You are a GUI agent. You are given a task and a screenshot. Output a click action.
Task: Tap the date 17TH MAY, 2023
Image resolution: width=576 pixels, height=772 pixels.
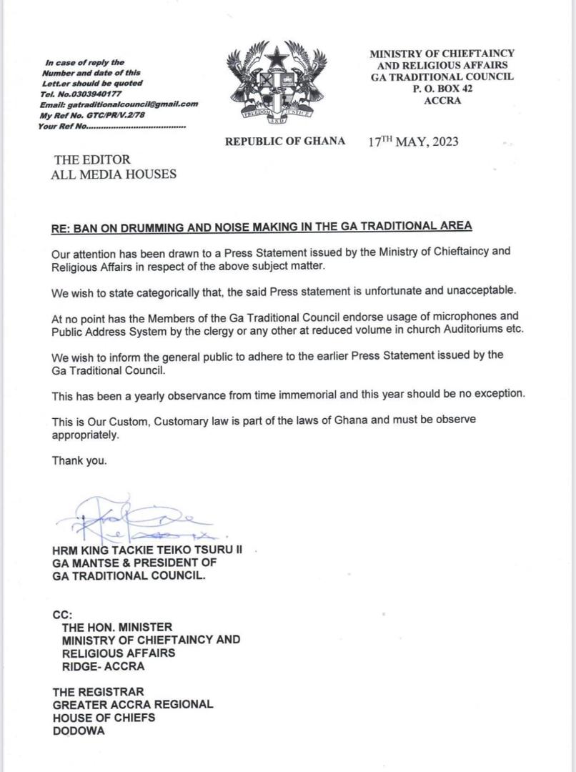[x=413, y=142]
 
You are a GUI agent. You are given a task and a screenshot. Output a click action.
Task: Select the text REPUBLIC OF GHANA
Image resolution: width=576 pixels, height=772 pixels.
[x=285, y=142]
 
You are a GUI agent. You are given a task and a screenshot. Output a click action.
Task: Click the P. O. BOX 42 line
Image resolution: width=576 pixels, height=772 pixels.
[x=442, y=89]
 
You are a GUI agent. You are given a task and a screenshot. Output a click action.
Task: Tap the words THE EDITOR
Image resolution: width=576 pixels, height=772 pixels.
[x=92, y=159]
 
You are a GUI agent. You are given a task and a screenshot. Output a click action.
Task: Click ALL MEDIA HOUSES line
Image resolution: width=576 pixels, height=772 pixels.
[x=114, y=174]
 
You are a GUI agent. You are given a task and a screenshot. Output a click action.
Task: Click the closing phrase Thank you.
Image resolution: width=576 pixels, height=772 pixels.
[x=79, y=461]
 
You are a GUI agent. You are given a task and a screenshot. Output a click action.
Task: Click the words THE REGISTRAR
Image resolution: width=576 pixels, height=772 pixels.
[x=98, y=691]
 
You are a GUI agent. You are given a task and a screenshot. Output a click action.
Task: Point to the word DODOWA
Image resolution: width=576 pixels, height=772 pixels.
[x=79, y=731]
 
